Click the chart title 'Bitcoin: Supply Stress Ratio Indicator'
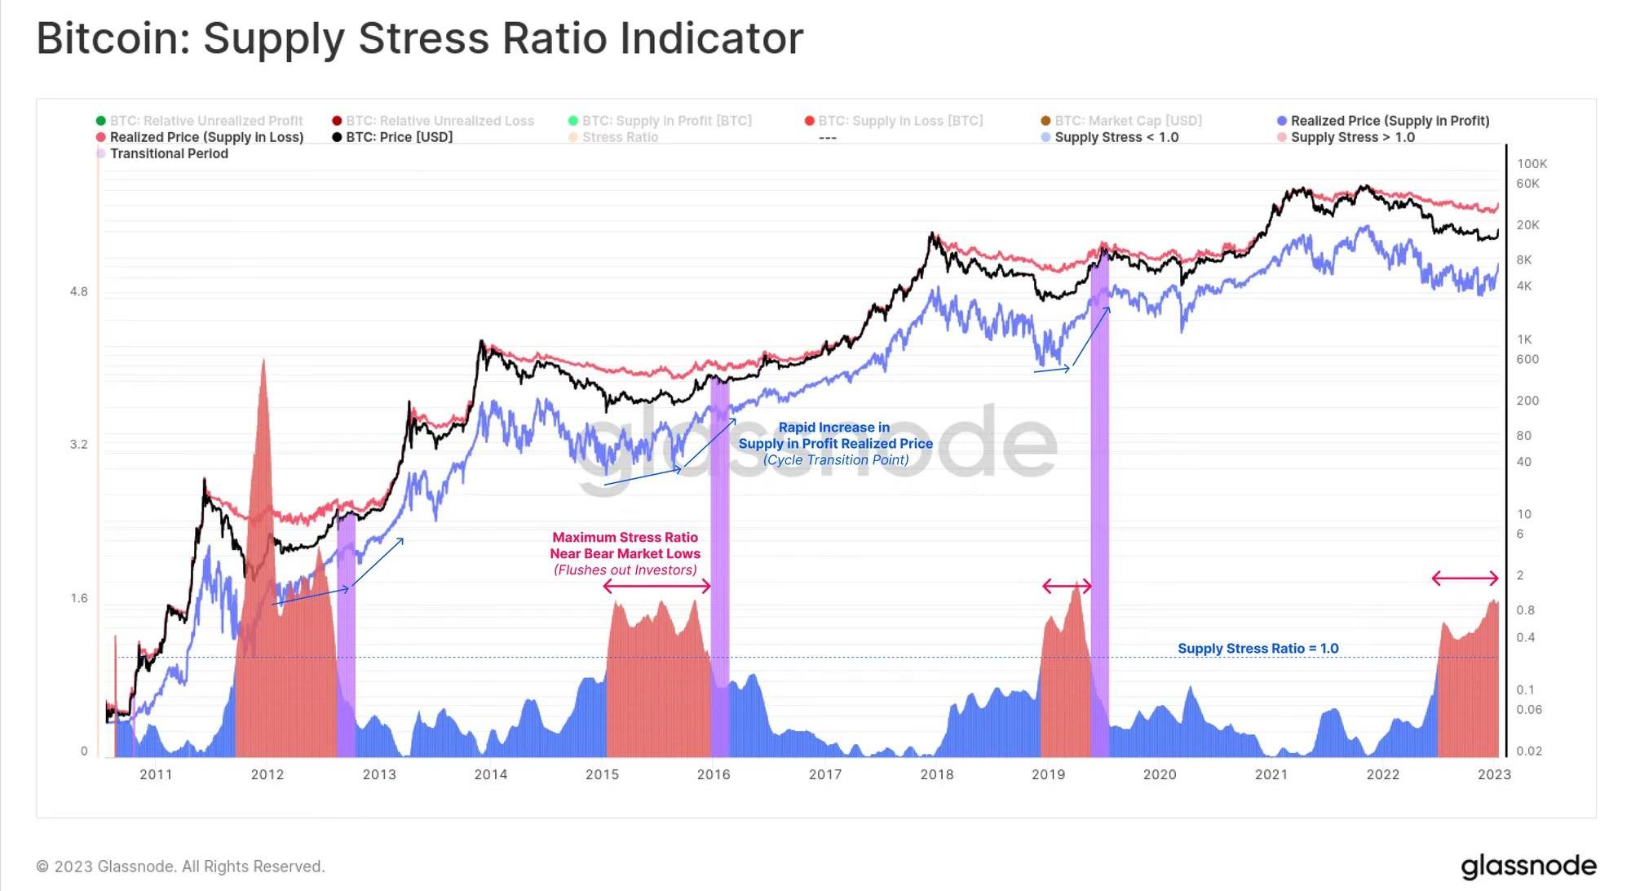(420, 38)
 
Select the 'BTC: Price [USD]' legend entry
(399, 137)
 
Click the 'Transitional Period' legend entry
(169, 153)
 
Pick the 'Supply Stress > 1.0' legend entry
(1352, 137)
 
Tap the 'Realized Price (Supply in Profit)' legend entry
(1390, 121)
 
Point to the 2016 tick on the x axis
(714, 774)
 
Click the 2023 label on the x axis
(1494, 774)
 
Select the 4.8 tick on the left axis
(78, 291)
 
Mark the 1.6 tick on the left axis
(78, 598)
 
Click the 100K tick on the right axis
(1532, 164)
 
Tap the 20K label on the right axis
(1527, 225)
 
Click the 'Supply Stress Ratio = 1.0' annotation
(1258, 649)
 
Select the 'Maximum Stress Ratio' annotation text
(625, 537)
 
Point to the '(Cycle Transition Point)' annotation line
(836, 460)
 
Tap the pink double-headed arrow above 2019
(1067, 586)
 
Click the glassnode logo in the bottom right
(1528, 867)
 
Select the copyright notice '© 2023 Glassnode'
(180, 867)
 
